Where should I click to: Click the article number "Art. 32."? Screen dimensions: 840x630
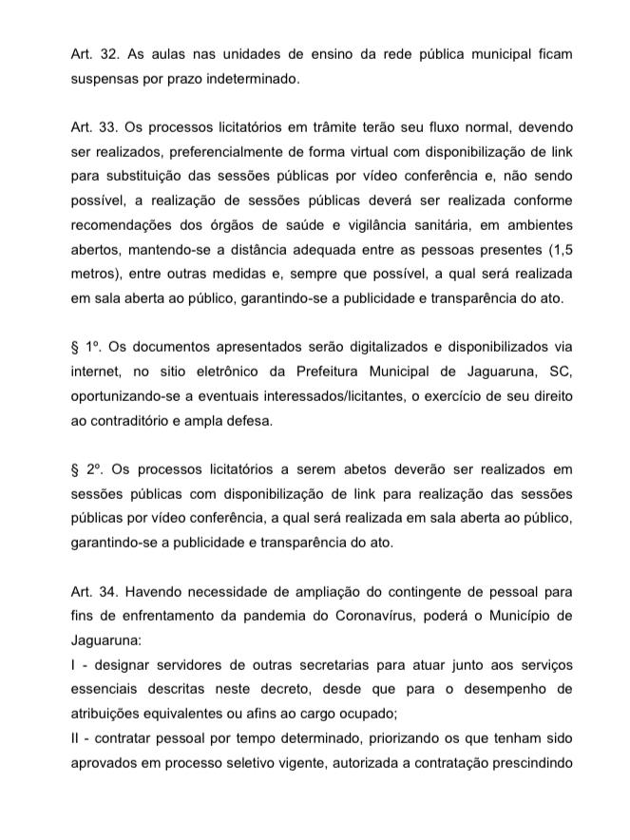pos(92,55)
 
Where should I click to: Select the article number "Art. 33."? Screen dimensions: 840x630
pos(92,127)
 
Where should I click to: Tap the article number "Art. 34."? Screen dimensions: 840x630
pos(92,590)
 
